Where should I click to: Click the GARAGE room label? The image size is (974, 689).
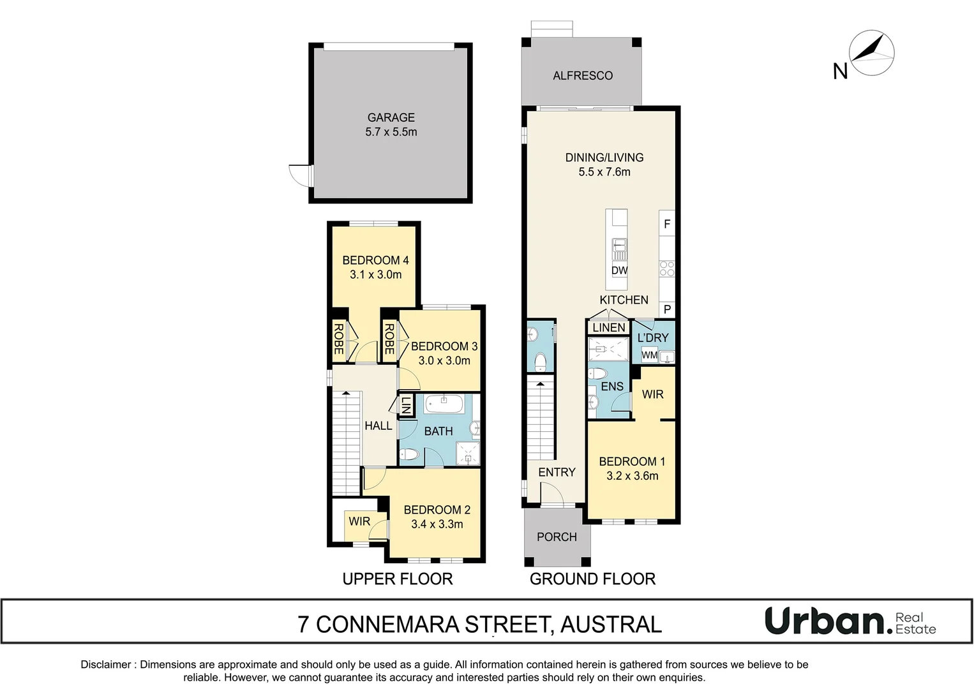point(391,117)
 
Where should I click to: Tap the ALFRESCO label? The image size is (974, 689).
point(582,75)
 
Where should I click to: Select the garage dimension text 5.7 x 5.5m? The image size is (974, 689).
point(391,132)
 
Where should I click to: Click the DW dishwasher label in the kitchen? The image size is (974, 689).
point(619,270)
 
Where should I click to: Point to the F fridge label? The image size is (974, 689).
point(667,224)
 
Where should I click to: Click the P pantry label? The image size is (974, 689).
point(667,309)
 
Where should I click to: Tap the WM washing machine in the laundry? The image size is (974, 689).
point(649,355)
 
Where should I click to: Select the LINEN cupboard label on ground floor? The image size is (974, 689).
point(608,327)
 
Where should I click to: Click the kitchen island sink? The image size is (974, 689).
point(619,245)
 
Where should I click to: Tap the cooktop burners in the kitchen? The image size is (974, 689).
point(667,269)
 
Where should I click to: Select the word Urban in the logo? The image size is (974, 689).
point(825,621)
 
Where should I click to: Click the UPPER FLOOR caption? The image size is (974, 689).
point(397,579)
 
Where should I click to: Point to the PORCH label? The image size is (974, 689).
point(557,537)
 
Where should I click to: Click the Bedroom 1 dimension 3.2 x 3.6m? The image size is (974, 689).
point(632,476)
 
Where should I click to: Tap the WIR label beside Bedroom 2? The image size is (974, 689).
point(359,521)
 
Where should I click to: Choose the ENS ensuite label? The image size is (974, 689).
point(612,386)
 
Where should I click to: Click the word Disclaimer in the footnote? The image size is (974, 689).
point(106,665)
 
